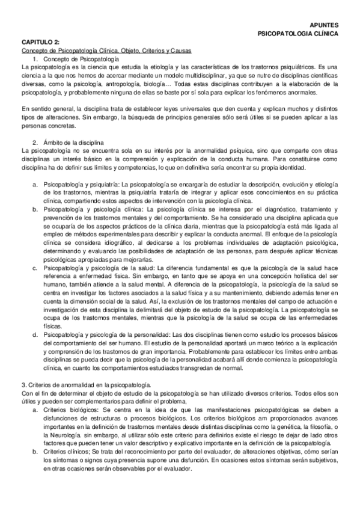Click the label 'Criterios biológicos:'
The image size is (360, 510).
(x=71, y=407)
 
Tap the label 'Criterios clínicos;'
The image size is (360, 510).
(x=68, y=449)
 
